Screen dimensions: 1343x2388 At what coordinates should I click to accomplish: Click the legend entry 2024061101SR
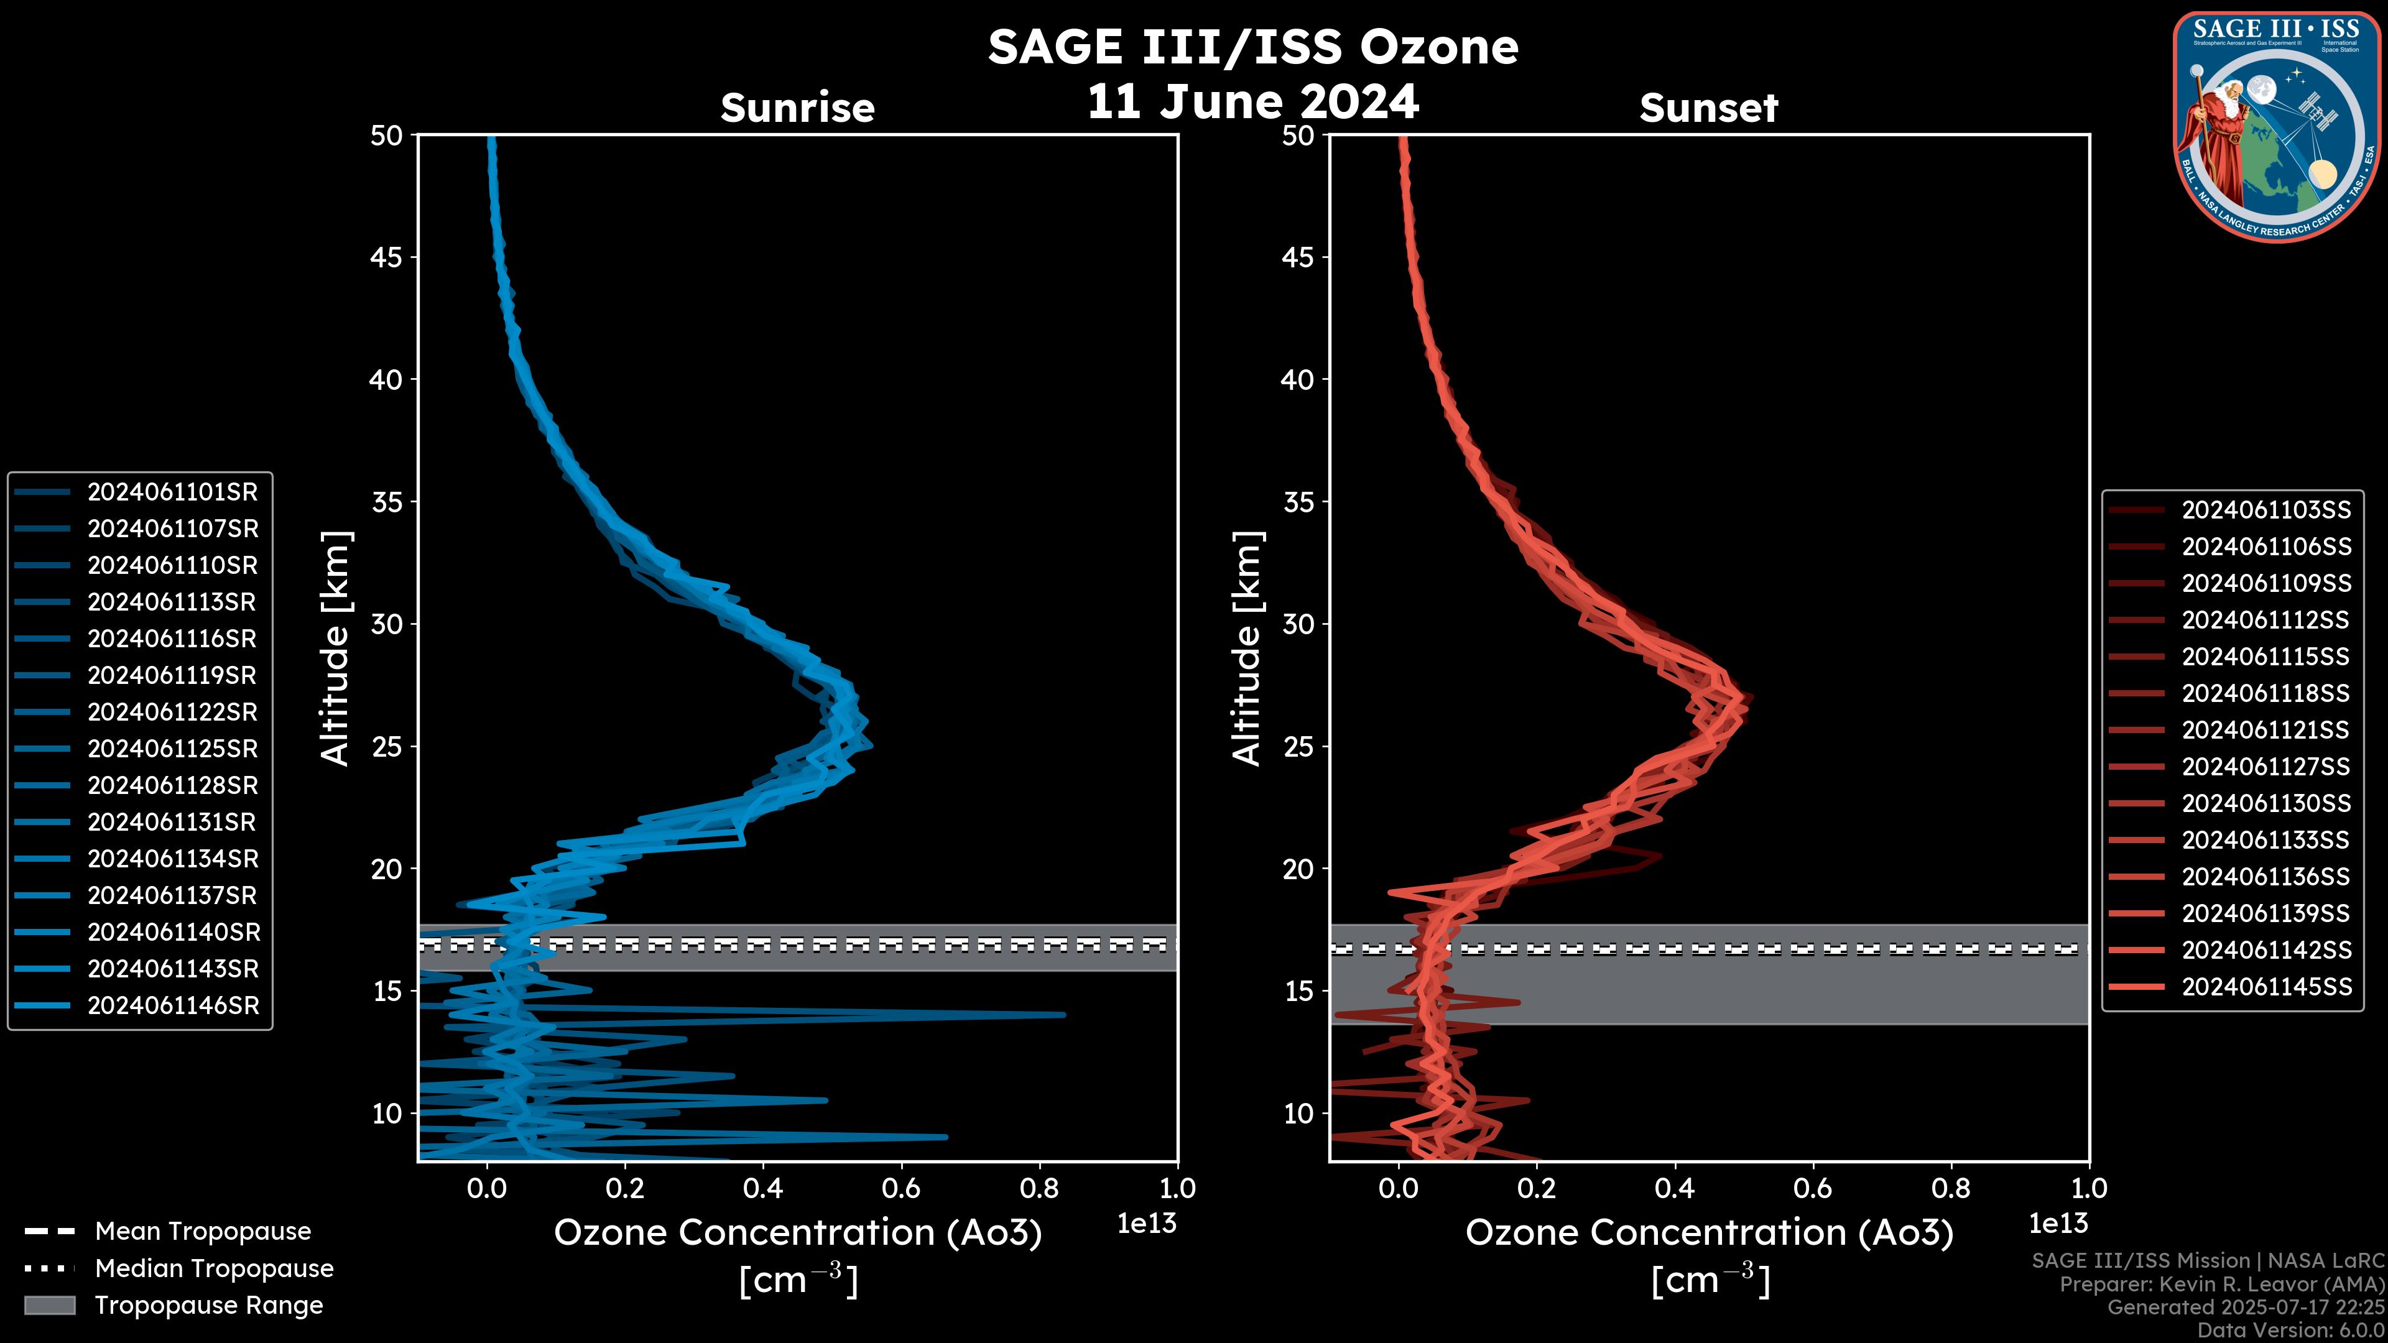tap(172, 492)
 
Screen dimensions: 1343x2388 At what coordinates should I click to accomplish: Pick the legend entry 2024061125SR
tap(172, 749)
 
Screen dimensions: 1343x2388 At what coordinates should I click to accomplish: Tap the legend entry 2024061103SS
tap(2265, 510)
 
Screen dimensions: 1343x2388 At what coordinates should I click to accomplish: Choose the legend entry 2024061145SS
tap(2265, 987)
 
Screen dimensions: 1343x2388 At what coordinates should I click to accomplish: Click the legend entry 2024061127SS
tap(2265, 767)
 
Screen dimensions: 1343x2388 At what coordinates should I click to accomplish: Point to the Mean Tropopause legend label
tap(203, 1232)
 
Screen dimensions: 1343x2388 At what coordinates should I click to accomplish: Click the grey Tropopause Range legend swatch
tap(49, 1305)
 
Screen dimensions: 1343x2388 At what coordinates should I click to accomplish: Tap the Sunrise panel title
tap(797, 108)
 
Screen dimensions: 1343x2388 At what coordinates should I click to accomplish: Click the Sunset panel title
tap(1708, 108)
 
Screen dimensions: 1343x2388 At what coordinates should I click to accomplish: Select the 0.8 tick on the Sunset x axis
tap(1950, 1188)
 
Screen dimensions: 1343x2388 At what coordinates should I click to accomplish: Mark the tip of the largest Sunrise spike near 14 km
tap(1064, 1015)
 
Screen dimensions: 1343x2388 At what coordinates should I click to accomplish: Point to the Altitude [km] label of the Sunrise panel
tap(336, 648)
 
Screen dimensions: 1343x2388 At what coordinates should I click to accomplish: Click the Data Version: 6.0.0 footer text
tap(2290, 1331)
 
